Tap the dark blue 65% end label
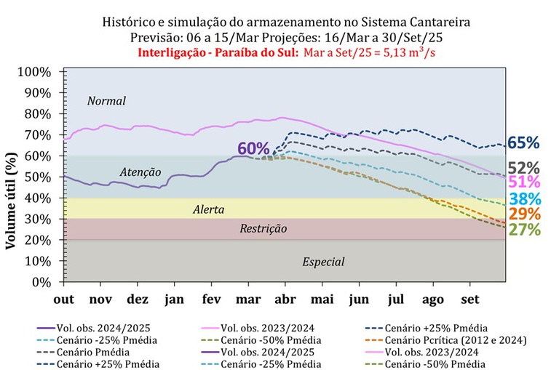(524, 142)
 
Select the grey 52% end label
(524, 168)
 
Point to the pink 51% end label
(524, 182)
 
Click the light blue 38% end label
(524, 198)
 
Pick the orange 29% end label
(524, 214)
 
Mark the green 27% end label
(524, 230)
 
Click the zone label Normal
(106, 101)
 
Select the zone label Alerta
(208, 209)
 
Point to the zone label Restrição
(263, 229)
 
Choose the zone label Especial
(323, 262)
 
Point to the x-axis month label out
(64, 298)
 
